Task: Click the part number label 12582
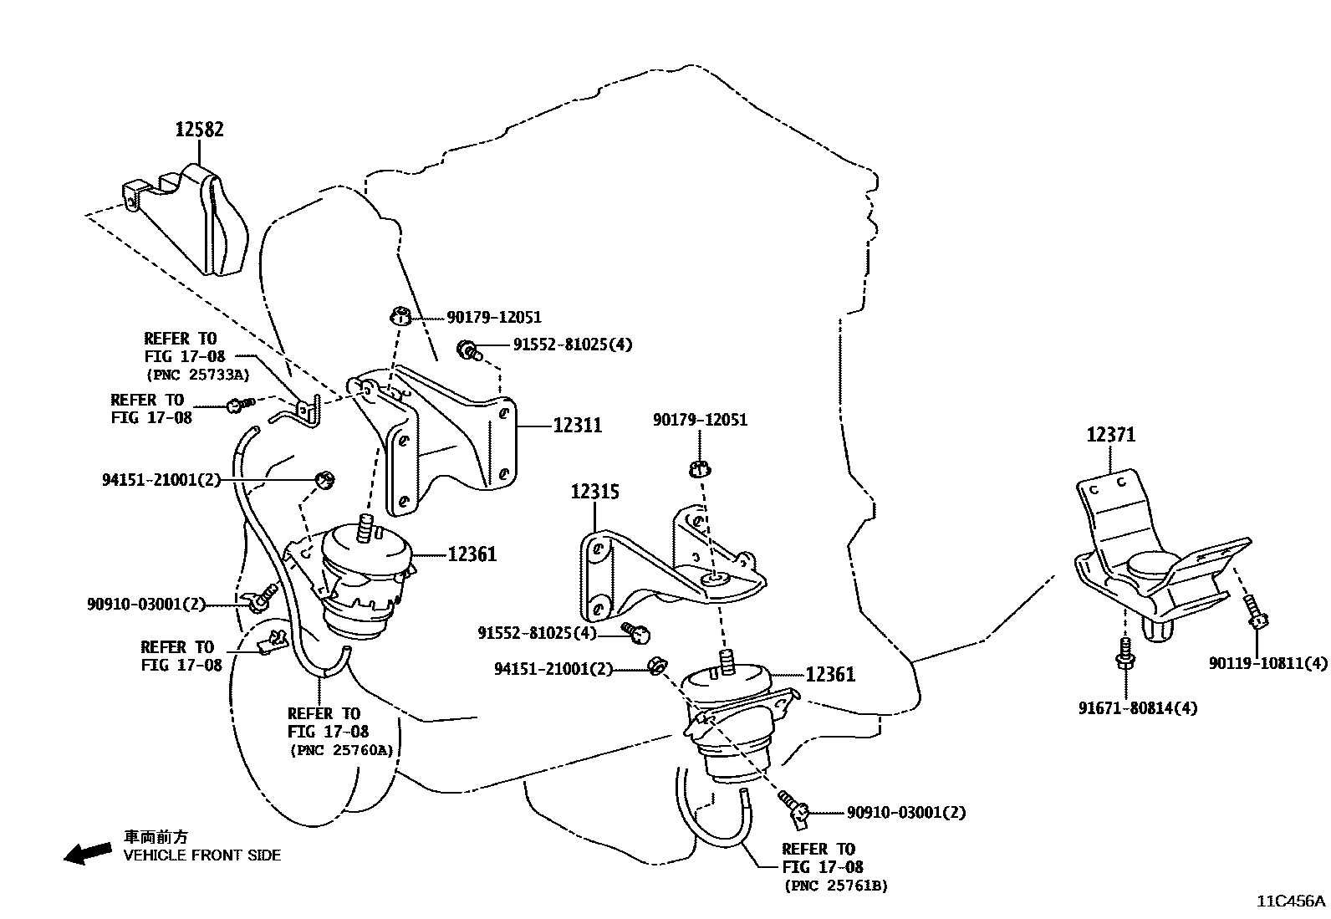199,129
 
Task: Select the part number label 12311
578,425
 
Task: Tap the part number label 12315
594,492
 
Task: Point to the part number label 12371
1110,435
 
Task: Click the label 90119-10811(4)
1267,663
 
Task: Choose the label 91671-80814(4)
1138,708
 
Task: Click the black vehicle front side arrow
87,854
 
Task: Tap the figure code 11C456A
1291,901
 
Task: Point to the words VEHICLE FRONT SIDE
202,855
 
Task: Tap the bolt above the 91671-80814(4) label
1125,654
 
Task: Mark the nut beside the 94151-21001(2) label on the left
324,479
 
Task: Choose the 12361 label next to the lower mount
830,674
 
